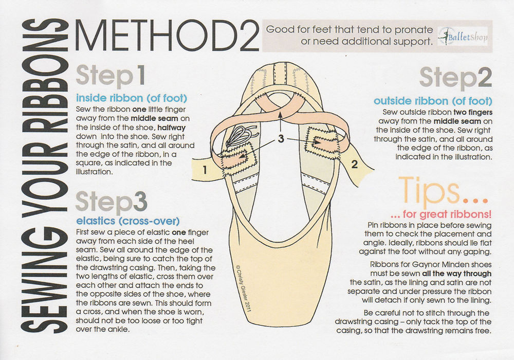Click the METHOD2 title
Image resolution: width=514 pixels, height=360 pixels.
click(x=167, y=35)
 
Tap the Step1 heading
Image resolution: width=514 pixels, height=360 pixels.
click(x=111, y=76)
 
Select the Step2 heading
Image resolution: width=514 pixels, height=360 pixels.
click(x=455, y=78)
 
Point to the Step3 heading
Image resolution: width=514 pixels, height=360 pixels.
click(x=112, y=202)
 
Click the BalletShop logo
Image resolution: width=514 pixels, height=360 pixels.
click(x=463, y=37)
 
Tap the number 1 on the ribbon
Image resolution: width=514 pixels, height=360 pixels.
click(x=205, y=170)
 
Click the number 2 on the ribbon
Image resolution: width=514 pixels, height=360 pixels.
click(x=354, y=164)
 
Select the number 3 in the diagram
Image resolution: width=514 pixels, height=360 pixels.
click(x=281, y=139)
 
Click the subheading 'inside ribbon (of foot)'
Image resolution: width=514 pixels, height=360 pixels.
click(x=132, y=98)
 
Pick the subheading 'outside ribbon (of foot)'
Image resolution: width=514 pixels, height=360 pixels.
click(x=433, y=101)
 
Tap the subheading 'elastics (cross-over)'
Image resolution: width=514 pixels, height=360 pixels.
click(x=128, y=221)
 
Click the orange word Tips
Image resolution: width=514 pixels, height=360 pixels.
click(x=429, y=191)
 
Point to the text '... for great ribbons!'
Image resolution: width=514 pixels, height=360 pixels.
click(x=441, y=214)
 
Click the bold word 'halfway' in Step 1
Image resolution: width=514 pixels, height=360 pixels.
click(x=172, y=128)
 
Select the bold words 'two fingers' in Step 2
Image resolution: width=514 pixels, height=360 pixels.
click(x=473, y=113)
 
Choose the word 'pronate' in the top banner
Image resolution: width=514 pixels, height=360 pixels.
click(x=414, y=30)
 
